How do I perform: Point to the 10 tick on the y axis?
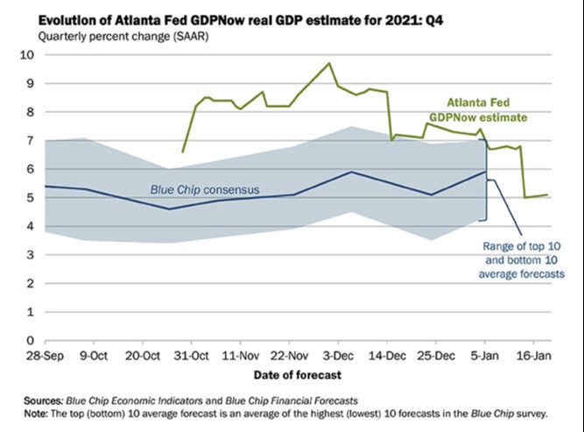pyautogui.click(x=25, y=54)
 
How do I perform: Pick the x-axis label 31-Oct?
pyautogui.click(x=188, y=356)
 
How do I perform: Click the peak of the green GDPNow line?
pyautogui.click(x=329, y=63)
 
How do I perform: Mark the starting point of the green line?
pyautogui.click(x=182, y=152)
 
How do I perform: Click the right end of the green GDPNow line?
pyautogui.click(x=548, y=195)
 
